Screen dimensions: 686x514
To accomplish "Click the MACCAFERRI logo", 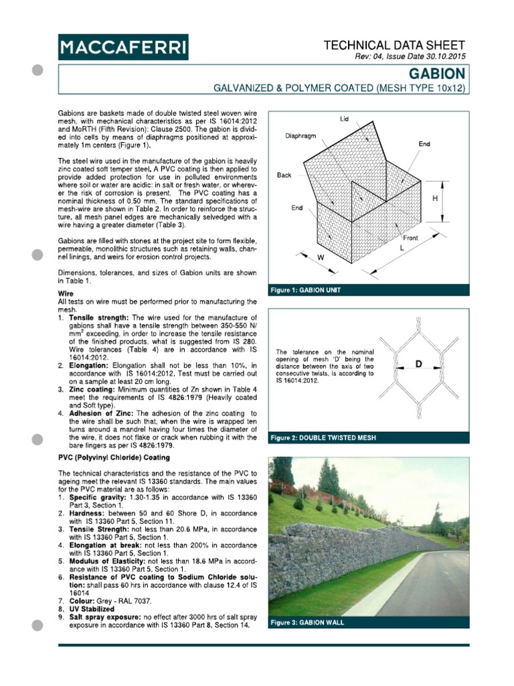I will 123,48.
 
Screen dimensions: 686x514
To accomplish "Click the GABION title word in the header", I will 436,73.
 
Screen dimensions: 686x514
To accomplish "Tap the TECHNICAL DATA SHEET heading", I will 394,45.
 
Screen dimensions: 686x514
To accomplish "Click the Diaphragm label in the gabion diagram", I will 301,135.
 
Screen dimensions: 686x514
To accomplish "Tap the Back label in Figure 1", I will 284,175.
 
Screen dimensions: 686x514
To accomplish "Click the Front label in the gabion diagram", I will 410,238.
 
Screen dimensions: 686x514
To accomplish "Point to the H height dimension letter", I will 436,199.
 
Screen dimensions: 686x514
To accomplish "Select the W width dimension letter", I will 321,257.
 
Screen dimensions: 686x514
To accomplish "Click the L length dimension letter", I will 402,248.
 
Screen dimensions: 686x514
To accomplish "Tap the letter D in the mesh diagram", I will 419,364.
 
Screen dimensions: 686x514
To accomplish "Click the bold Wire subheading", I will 67,294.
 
